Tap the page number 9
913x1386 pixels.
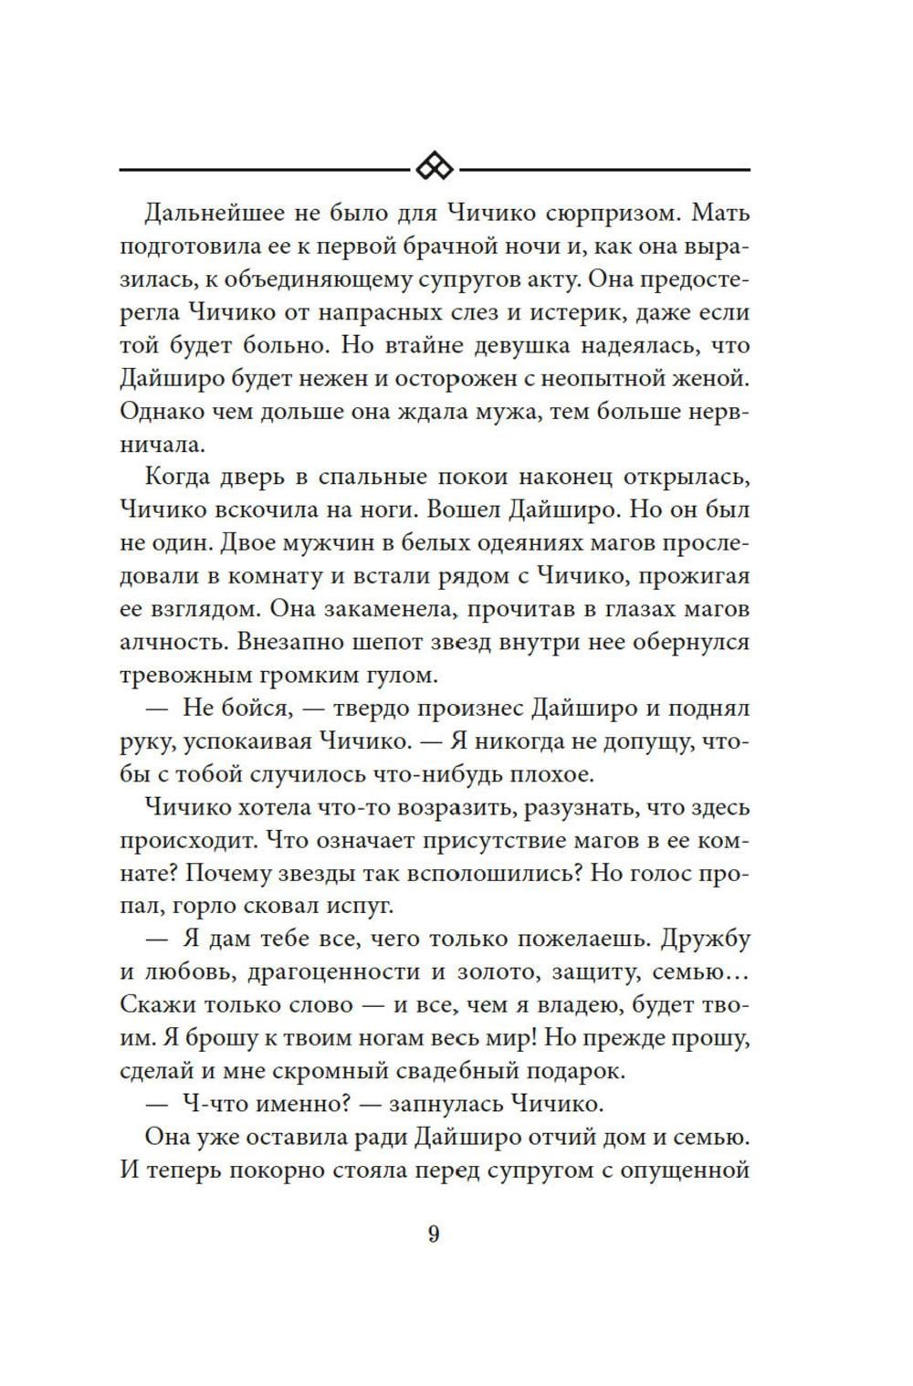tap(434, 1234)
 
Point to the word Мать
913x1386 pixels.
tap(720, 214)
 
